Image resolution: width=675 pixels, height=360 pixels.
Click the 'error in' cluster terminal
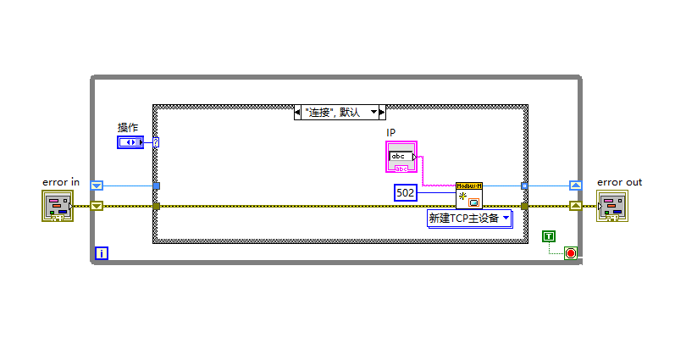[x=58, y=205]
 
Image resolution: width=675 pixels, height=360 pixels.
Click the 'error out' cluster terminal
[x=612, y=205]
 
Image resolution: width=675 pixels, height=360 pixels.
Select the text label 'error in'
[x=61, y=182]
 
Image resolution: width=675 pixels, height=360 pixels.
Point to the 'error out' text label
[x=619, y=182]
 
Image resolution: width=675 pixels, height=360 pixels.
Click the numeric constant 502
[x=407, y=193]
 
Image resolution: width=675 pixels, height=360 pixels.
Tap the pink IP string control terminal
[x=401, y=158]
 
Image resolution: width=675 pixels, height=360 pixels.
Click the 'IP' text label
[x=391, y=133]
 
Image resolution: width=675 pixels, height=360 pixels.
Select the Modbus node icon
[x=468, y=196]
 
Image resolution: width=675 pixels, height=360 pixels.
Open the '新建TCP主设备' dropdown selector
[x=468, y=219]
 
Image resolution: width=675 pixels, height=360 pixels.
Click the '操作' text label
[x=128, y=127]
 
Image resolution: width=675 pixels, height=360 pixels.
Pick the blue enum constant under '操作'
[x=130, y=142]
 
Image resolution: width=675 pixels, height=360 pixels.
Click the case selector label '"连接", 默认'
[x=334, y=112]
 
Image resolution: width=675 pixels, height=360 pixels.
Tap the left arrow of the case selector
[x=298, y=112]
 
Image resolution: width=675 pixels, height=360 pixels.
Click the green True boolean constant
[x=549, y=235]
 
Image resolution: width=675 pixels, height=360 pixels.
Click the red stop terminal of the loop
[x=570, y=252]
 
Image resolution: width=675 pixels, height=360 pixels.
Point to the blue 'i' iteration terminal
[x=102, y=252]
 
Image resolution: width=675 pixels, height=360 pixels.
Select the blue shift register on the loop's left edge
[x=97, y=185]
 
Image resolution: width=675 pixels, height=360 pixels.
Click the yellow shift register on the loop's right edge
[x=575, y=206]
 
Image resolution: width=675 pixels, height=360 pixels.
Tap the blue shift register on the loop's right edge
[x=575, y=185]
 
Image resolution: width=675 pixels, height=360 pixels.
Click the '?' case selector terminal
[x=157, y=142]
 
